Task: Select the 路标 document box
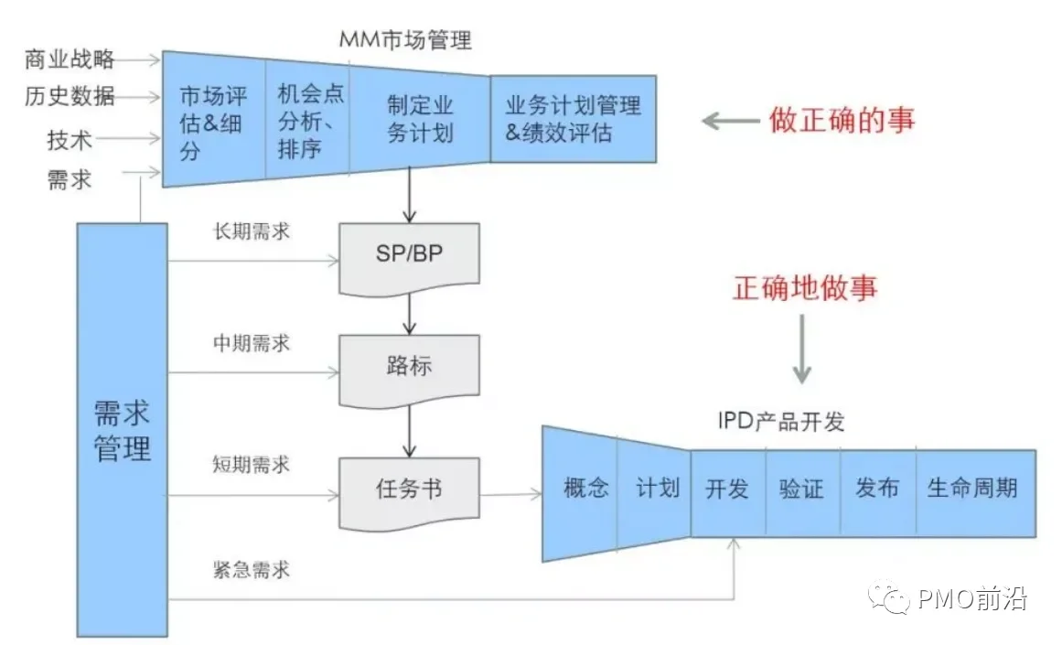(408, 368)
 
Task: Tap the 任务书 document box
(408, 490)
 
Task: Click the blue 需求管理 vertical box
(123, 430)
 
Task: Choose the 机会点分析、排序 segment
(310, 120)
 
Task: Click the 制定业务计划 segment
(420, 120)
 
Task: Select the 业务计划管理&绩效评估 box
(573, 118)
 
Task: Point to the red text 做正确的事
(842, 119)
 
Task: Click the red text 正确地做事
(804, 287)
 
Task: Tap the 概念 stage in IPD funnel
(585, 489)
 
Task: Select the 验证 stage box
(801, 489)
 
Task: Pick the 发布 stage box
(876, 489)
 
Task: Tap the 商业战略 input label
(70, 59)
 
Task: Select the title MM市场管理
(405, 40)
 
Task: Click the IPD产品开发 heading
(781, 422)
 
